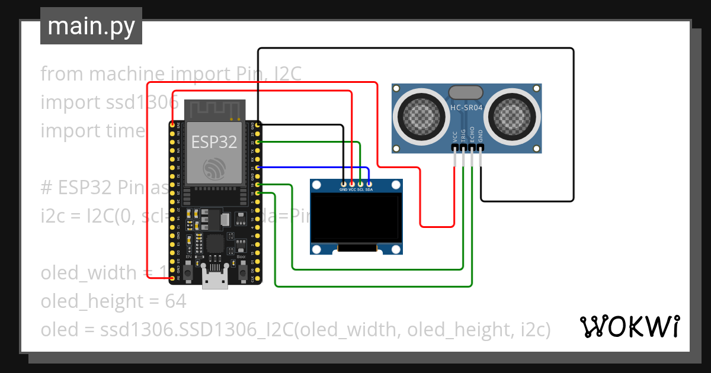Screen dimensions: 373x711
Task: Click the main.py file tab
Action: pos(91,26)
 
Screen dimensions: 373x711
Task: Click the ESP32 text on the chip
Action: pos(214,142)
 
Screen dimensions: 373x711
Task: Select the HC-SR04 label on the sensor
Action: pos(466,108)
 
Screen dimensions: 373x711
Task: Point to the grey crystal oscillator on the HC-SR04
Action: pos(466,92)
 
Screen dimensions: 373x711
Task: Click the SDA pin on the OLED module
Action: pos(369,184)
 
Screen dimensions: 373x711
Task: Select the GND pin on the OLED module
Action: pos(344,184)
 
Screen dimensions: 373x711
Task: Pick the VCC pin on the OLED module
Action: pos(352,184)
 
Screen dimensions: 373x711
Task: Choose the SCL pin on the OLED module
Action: pos(360,184)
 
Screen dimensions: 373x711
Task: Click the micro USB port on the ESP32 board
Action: pos(214,279)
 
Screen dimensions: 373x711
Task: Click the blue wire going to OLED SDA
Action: pos(314,168)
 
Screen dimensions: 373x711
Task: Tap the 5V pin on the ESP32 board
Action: pos(172,278)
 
